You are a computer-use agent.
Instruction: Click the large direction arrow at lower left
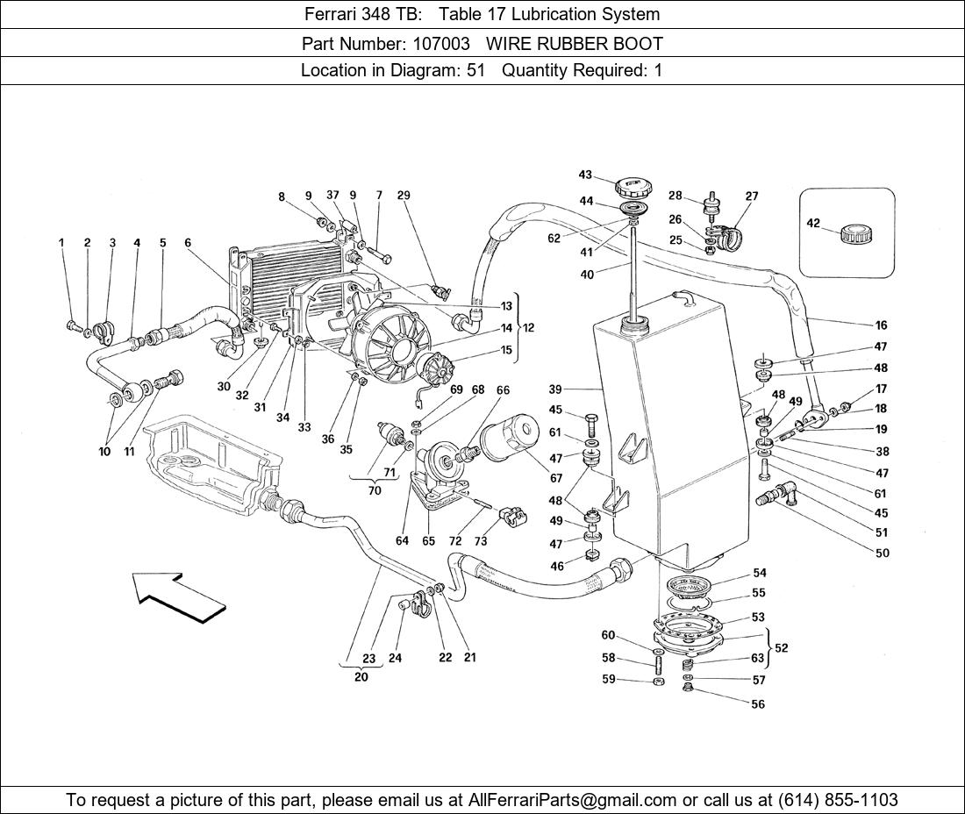pyautogui.click(x=180, y=596)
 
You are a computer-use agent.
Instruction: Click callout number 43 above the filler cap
pyautogui.click(x=585, y=175)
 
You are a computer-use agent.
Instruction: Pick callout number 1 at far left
pyautogui.click(x=62, y=243)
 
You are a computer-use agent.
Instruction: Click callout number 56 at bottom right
pyautogui.click(x=757, y=704)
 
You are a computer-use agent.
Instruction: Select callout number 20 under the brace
pyautogui.click(x=361, y=676)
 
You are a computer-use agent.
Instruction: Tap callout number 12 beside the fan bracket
pyautogui.click(x=528, y=327)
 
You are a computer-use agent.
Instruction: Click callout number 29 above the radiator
pyautogui.click(x=404, y=196)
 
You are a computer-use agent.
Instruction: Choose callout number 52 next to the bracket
pyautogui.click(x=782, y=648)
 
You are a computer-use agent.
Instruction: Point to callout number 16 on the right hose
pyautogui.click(x=881, y=325)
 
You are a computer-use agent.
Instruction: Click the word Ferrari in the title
pyautogui.click(x=330, y=14)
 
